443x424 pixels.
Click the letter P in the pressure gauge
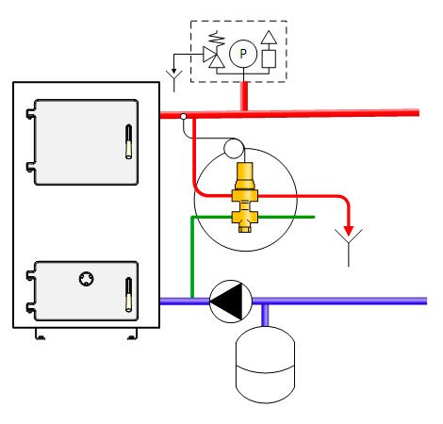point(242,54)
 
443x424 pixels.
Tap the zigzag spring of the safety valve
point(218,39)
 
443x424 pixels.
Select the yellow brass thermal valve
point(245,197)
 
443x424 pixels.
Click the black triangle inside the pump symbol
point(226,302)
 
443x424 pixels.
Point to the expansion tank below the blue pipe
point(265,365)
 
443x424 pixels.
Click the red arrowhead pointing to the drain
point(349,231)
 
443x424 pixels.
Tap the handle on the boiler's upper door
point(128,141)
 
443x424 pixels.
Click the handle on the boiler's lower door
point(128,295)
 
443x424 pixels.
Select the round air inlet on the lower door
point(86,279)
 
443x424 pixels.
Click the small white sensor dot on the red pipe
point(184,117)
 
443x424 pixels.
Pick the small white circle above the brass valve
point(234,148)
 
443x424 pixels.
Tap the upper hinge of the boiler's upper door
point(30,114)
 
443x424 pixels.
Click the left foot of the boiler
point(40,334)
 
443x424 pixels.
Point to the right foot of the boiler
point(132,334)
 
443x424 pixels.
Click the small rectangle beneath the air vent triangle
point(269,58)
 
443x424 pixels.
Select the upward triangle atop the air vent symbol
point(269,37)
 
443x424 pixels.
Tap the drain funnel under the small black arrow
point(173,81)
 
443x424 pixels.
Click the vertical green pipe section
point(192,257)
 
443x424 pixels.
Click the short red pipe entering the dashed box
point(244,96)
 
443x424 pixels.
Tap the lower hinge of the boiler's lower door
point(30,307)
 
